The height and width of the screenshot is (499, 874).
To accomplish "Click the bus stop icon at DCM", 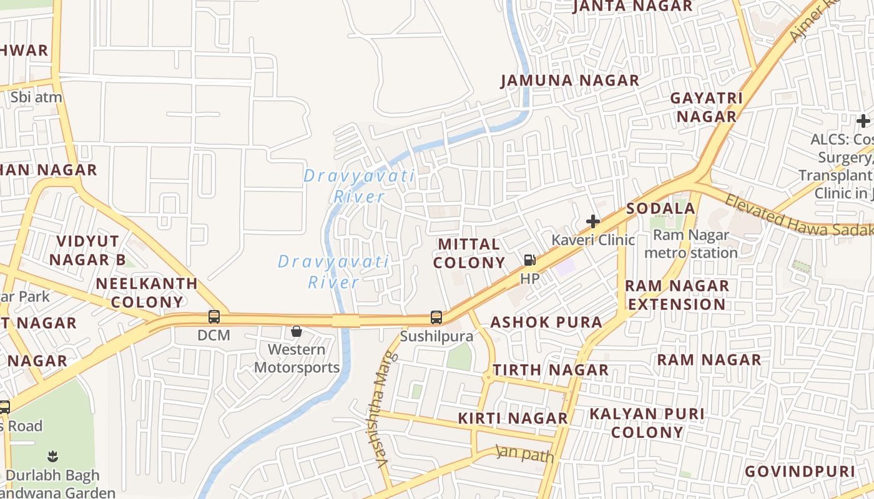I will (x=214, y=317).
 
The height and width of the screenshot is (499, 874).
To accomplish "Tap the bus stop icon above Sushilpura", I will (x=436, y=317).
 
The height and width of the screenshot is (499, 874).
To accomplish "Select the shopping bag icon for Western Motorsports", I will (x=297, y=331).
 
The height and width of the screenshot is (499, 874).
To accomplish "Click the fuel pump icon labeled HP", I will (x=529, y=261).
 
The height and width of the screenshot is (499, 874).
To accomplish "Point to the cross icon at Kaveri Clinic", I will (x=592, y=221).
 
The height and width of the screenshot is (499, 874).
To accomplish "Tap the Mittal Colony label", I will (x=469, y=253).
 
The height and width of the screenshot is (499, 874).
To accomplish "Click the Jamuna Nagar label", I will (x=570, y=80).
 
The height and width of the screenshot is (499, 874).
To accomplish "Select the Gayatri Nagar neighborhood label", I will (x=706, y=107).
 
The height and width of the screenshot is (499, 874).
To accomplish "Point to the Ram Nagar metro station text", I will (x=690, y=244).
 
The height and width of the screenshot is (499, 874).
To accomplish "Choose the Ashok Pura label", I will (x=546, y=322).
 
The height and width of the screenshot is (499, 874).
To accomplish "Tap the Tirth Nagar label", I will (x=550, y=370).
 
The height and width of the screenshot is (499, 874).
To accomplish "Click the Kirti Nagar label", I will (x=513, y=418).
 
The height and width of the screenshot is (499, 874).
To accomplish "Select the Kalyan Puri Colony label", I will (x=647, y=422).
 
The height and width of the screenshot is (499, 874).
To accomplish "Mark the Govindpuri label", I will (x=800, y=471).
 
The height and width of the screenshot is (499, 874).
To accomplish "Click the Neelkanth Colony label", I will (x=147, y=293).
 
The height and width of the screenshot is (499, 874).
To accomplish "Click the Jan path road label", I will (x=524, y=453).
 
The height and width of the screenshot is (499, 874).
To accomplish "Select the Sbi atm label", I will (x=36, y=97).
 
